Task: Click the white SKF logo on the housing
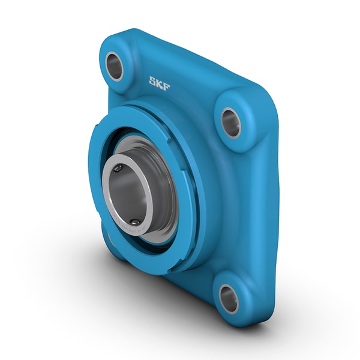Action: [160, 83]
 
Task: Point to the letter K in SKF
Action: [160, 83]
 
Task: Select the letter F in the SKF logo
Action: [166, 85]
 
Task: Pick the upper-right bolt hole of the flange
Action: [231, 122]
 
